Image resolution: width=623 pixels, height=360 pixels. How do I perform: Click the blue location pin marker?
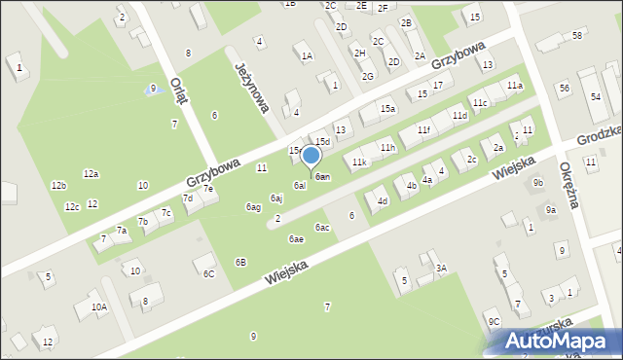pyautogui.click(x=311, y=156)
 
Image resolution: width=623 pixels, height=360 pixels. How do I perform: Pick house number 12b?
pyautogui.click(x=58, y=185)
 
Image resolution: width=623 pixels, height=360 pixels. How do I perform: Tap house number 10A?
pyautogui.click(x=99, y=306)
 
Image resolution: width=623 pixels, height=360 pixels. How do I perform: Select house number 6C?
pyautogui.click(x=208, y=274)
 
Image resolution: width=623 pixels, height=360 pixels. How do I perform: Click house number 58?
pyautogui.click(x=577, y=35)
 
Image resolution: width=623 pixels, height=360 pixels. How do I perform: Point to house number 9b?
pyautogui.click(x=537, y=182)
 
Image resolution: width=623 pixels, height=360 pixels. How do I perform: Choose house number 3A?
pyautogui.click(x=440, y=268)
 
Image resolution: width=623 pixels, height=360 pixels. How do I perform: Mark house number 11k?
pyautogui.click(x=360, y=162)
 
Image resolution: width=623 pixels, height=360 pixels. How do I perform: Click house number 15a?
pyautogui.click(x=387, y=108)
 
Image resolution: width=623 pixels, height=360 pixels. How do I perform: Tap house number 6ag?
pyautogui.click(x=253, y=207)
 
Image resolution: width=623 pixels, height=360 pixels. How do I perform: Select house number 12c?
pyautogui.click(x=72, y=207)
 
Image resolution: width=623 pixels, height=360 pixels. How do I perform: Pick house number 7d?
pyautogui.click(x=188, y=198)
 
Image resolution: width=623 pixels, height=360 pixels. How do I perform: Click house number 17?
pyautogui.click(x=438, y=86)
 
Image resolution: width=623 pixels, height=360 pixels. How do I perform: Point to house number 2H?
pyautogui.click(x=359, y=53)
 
